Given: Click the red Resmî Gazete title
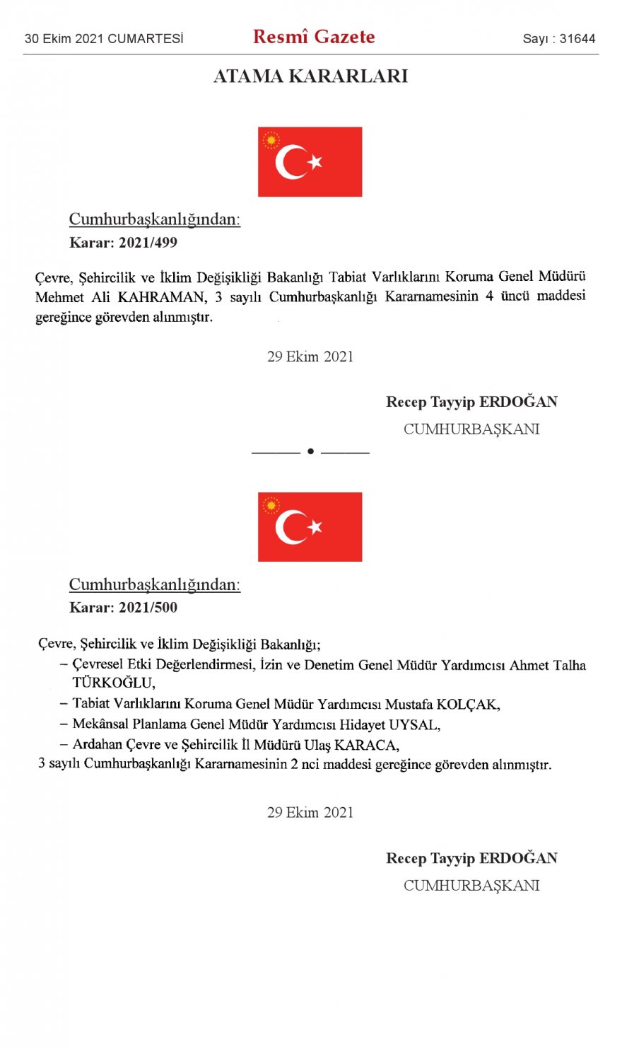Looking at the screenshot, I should click(x=314, y=37).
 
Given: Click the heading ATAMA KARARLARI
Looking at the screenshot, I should click(x=310, y=76).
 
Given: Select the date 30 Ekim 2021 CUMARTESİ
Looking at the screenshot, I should click(x=104, y=39).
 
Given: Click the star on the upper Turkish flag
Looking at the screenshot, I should click(x=315, y=162).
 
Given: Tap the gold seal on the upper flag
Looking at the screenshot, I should click(x=271, y=140).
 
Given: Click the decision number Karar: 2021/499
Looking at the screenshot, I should click(x=123, y=243).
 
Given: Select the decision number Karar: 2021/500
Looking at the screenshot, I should click(x=123, y=608).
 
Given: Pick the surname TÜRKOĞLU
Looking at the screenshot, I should click(x=113, y=683).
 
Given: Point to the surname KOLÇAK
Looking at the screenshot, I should click(x=467, y=705).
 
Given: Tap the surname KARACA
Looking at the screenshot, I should click(x=366, y=745).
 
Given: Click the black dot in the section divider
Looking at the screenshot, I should click(x=310, y=451).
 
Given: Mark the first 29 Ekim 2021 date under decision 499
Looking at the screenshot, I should click(x=310, y=357).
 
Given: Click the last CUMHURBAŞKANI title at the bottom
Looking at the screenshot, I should click(x=471, y=886).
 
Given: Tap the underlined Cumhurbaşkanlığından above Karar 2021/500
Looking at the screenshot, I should click(x=154, y=585).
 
